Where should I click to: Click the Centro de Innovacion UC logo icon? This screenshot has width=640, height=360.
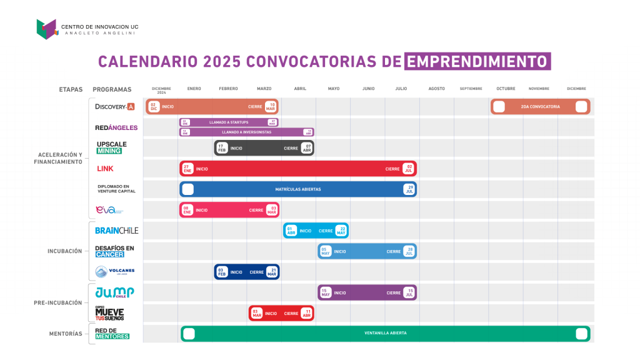point(47,29)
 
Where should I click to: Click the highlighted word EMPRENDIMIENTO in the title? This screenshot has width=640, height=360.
point(478,61)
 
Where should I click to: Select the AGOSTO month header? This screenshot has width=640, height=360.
point(436,89)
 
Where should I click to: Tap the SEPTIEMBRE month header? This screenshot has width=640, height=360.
point(471,89)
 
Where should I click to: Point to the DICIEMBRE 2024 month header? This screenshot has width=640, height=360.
point(161,90)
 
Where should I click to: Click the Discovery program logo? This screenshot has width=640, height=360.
point(115,107)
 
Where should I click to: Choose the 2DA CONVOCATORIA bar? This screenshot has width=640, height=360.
point(540,107)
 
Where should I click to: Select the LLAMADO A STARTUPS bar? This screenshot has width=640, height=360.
point(228,122)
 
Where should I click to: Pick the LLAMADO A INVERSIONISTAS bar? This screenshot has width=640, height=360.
point(246,132)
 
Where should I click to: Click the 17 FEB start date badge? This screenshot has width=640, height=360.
point(221,148)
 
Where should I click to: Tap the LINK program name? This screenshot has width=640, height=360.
point(106,169)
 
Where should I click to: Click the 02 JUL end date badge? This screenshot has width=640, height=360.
point(409,169)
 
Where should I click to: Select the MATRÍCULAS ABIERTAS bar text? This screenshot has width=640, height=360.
point(297,189)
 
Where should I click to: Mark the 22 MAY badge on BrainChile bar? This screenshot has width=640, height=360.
point(341,231)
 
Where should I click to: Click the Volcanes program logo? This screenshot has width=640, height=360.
point(114,271)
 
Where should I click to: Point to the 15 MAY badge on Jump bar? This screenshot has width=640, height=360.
point(325,292)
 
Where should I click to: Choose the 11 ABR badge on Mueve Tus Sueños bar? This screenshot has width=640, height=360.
point(307,313)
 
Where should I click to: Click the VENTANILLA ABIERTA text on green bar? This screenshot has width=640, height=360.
point(385,333)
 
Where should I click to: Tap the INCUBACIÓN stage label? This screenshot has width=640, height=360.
point(64,251)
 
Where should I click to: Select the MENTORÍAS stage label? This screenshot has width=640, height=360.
point(66,334)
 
